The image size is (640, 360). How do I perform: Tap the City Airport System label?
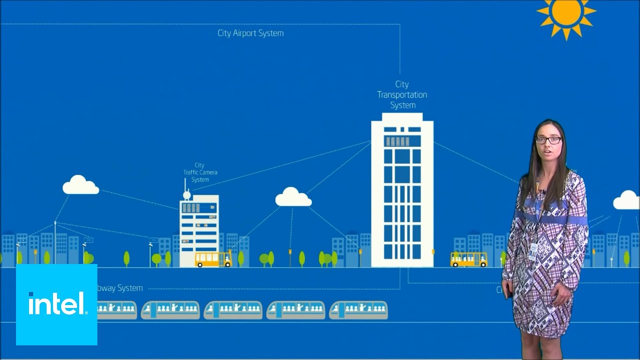click(x=250, y=33)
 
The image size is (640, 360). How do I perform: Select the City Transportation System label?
click(x=402, y=95)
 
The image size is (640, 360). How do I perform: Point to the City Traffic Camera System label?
click(x=200, y=172)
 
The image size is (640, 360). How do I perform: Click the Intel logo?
click(x=56, y=304)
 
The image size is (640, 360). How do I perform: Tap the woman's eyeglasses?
click(x=548, y=140)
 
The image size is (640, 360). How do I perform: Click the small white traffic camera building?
click(x=199, y=230)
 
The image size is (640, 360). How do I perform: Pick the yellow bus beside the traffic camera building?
click(x=213, y=259)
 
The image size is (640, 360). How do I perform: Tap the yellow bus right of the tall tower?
click(x=468, y=259)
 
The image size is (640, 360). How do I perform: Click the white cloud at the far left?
click(x=80, y=186)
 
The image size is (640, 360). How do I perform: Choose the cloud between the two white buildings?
click(x=293, y=198)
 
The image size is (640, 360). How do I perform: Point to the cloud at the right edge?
click(x=626, y=201)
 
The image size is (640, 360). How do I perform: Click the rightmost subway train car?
click(x=358, y=310)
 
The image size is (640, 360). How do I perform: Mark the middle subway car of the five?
click(x=232, y=310)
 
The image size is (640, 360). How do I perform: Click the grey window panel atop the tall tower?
click(x=397, y=141)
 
